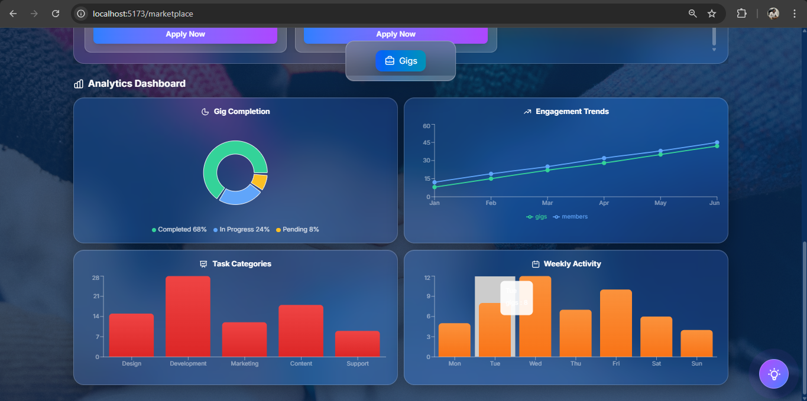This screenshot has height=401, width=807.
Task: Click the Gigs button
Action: (x=400, y=61)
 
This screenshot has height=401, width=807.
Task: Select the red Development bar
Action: (x=188, y=316)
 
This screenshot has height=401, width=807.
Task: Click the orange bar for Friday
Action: (x=616, y=323)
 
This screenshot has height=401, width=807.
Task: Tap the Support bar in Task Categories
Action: (x=358, y=344)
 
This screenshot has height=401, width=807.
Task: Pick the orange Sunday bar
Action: (x=696, y=343)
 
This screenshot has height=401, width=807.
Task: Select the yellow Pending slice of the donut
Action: (x=260, y=181)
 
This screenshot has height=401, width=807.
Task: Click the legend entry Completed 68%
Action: (x=179, y=229)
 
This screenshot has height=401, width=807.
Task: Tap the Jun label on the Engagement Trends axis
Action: (x=714, y=203)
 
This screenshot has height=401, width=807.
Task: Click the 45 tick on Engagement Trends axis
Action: (x=426, y=142)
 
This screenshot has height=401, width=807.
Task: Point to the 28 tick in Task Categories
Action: (x=96, y=278)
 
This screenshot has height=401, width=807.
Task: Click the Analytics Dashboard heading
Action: (x=137, y=84)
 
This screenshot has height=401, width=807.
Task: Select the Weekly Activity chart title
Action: (x=572, y=264)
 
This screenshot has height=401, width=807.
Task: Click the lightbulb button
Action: (x=773, y=374)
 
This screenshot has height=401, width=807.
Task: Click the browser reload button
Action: (x=56, y=14)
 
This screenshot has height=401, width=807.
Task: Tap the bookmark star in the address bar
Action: (x=712, y=14)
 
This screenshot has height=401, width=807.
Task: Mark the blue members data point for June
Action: (x=717, y=142)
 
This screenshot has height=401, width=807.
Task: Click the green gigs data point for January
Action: (x=435, y=187)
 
